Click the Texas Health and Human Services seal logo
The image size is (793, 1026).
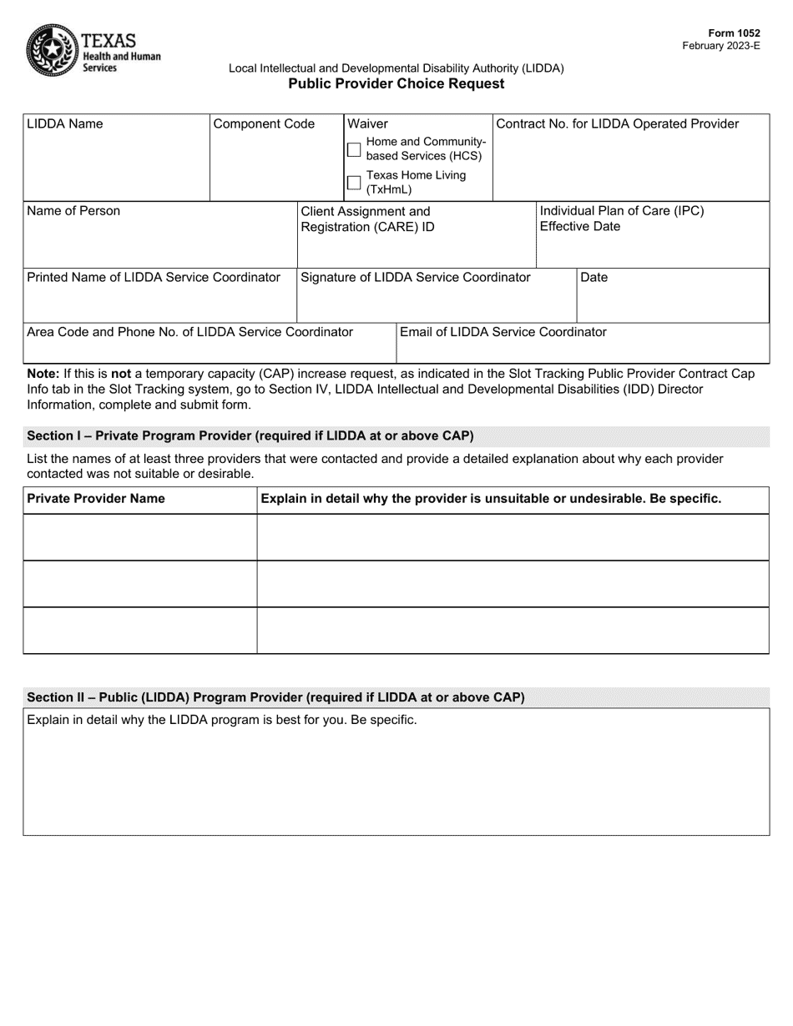tap(52, 50)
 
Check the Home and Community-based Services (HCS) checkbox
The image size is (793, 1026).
tap(354, 149)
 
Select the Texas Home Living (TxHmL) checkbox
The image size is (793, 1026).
tap(354, 183)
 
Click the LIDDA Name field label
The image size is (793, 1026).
tap(65, 124)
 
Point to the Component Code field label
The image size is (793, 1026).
tap(264, 124)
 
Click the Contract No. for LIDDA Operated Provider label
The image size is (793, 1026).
tap(617, 124)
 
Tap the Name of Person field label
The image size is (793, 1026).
tap(73, 211)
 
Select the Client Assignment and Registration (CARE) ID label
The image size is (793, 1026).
tap(367, 219)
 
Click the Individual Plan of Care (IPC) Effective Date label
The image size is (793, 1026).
tap(622, 219)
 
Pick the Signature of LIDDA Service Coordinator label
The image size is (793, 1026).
tap(415, 278)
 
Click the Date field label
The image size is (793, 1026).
tap(593, 278)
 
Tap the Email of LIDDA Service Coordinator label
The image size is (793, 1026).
tap(503, 332)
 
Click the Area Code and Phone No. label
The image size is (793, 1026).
tap(190, 332)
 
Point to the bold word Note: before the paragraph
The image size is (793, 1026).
tap(43, 374)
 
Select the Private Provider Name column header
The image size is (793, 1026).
tap(96, 499)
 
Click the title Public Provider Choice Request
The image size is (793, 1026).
tap(396, 84)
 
